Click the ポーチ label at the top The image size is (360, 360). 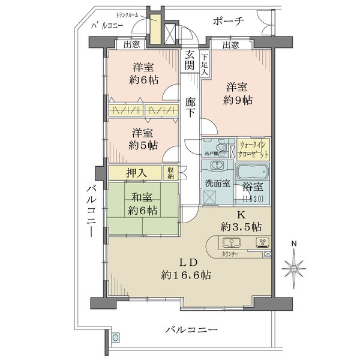click(x=229, y=21)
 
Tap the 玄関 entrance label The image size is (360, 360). click(x=190, y=60)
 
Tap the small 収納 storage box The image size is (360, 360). click(x=171, y=173)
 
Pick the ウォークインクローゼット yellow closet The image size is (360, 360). click(x=254, y=148)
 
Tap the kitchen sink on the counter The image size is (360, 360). click(x=230, y=243)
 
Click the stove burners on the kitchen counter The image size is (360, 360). click(x=263, y=243)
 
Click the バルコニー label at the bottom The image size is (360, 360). click(x=190, y=330)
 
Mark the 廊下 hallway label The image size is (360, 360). click(x=191, y=107)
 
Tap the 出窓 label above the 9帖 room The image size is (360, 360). click(x=230, y=44)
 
